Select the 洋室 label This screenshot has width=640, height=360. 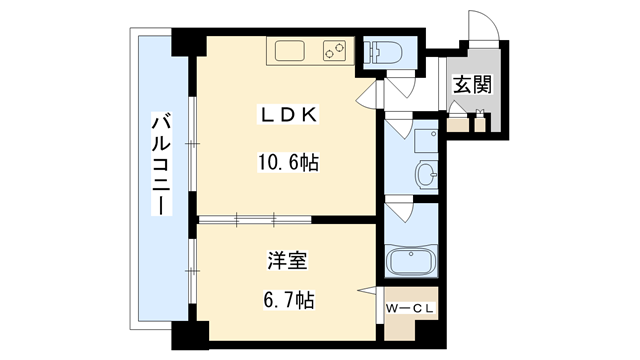pyautogui.click(x=288, y=262)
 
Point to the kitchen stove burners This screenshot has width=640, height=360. pyautogui.click(x=333, y=50)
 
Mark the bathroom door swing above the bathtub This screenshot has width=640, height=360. pyautogui.click(x=400, y=213)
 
